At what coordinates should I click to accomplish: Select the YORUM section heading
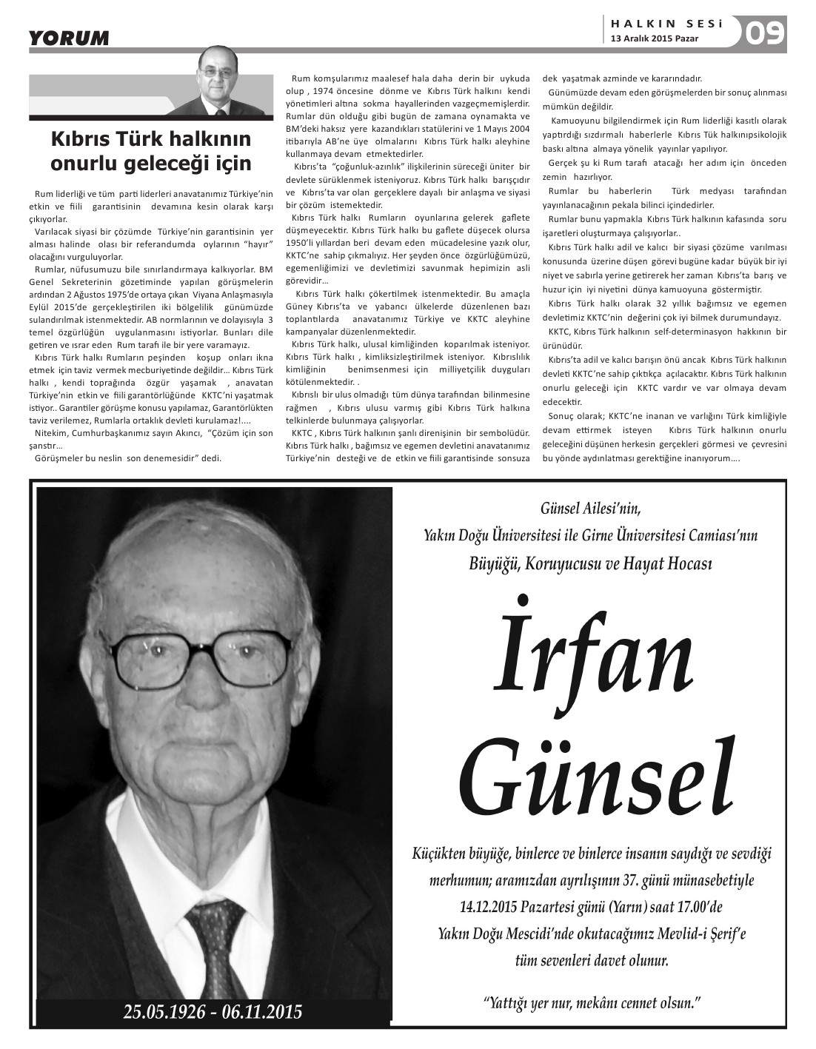69,38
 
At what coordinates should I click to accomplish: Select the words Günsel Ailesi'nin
590,509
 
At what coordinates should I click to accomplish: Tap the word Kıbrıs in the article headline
76,139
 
